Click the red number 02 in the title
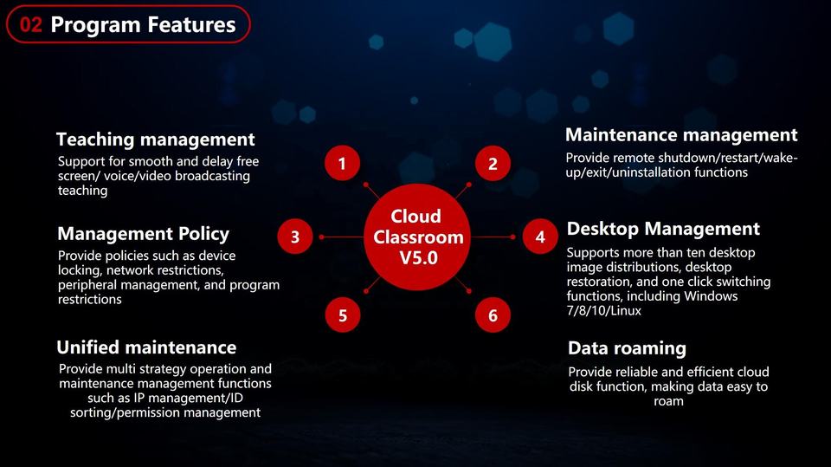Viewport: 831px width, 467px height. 31,24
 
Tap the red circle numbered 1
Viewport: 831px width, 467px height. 343,163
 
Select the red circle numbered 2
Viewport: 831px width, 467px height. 493,164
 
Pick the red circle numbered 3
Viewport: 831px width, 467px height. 295,237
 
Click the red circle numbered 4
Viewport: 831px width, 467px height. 540,237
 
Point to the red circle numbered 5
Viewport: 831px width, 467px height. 343,315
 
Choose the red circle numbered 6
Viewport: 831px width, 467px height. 493,315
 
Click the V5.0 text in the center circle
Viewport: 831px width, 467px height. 418,258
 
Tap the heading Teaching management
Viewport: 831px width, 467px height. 156,139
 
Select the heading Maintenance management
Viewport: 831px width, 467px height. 681,135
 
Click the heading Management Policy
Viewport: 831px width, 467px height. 144,234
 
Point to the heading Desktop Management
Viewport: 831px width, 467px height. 664,229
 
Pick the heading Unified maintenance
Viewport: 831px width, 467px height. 146,347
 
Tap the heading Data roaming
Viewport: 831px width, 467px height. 627,348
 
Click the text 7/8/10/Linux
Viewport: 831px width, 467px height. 603,310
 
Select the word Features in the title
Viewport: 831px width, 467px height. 191,24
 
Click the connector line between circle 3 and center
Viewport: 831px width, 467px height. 343,237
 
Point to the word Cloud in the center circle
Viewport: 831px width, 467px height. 416,216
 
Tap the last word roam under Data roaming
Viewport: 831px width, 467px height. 668,402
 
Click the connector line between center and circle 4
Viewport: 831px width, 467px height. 493,237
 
